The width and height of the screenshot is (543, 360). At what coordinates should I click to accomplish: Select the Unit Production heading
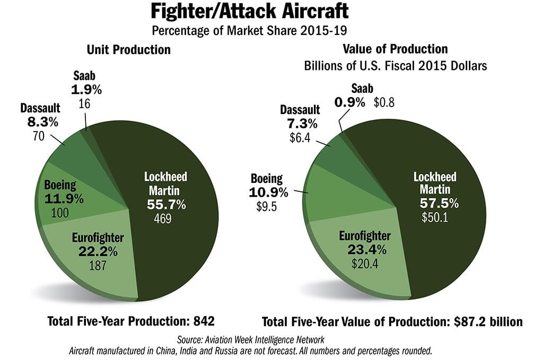(x=129, y=50)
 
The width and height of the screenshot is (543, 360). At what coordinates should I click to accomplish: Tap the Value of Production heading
(x=395, y=49)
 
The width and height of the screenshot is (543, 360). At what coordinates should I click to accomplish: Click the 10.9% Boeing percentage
(x=269, y=191)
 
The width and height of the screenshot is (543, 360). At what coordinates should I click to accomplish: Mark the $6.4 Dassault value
(x=299, y=137)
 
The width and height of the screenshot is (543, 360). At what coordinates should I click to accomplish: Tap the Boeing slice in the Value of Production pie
(x=329, y=194)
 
